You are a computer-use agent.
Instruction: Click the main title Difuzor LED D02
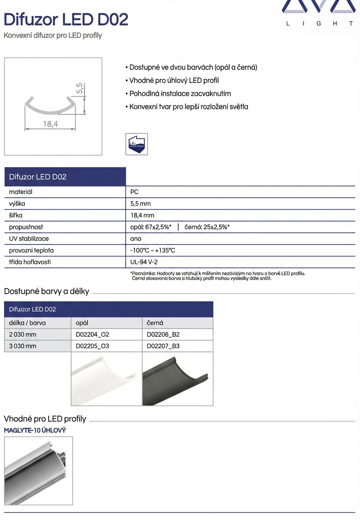pos(66,19)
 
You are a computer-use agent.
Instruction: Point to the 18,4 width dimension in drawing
pos(50,124)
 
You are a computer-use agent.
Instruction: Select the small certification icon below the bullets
pos(137,144)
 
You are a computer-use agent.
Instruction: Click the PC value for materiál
pos(135,192)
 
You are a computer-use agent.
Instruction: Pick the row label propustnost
pos(26,227)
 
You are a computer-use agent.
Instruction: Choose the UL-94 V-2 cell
pos(144,262)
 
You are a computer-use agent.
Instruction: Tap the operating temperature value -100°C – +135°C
pos(152,250)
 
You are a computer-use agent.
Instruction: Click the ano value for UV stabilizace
pos(136,239)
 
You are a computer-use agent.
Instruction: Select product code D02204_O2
pos(92,335)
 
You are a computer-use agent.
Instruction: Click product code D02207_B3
pos(163,346)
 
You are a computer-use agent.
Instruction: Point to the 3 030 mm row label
pos(22,346)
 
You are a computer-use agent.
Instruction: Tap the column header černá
pos(155,323)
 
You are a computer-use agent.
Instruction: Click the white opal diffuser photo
pos(106,379)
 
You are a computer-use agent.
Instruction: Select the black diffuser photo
pos(177,379)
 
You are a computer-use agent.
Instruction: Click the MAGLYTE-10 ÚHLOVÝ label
pos(35,430)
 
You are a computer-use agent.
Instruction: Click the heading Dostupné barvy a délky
pos(47,291)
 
